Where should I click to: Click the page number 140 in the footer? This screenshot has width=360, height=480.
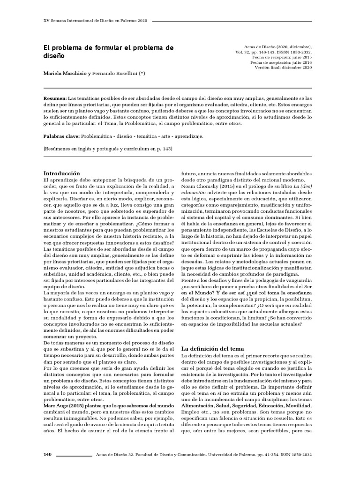[47, 455]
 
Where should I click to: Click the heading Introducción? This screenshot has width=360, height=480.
[61, 173]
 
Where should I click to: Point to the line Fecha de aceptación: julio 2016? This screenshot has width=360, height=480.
[281, 62]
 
